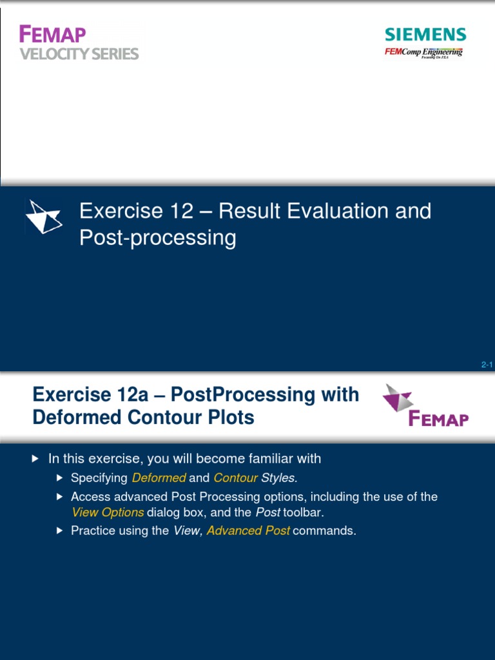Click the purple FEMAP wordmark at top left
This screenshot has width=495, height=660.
point(52,34)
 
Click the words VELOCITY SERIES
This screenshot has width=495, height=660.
point(79,54)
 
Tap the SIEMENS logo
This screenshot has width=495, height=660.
point(425,35)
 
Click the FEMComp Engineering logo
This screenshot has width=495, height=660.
point(423,52)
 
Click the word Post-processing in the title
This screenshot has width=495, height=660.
point(158,238)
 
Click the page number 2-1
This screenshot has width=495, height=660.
point(487,365)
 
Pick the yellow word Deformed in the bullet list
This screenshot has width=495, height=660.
point(159,478)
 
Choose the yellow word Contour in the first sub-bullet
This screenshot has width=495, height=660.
point(235,478)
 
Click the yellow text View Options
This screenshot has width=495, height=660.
point(107,512)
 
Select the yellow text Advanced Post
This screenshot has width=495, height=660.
point(248,531)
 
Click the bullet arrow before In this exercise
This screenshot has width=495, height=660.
point(35,459)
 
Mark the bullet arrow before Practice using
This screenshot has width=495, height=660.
point(59,531)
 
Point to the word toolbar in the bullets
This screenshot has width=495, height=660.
point(305,512)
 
